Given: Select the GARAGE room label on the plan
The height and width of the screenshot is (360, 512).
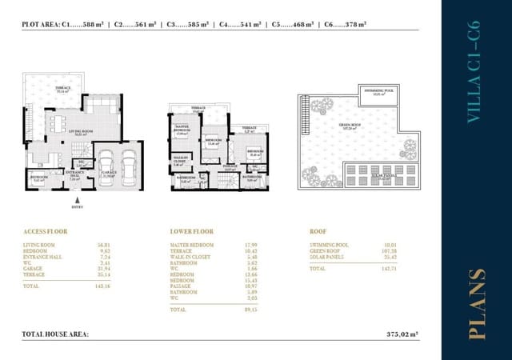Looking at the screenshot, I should [110, 174].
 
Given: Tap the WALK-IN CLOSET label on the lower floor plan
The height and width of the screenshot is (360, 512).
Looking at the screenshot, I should [181, 160].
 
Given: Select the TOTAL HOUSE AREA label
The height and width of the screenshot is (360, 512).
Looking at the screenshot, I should [55, 334].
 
